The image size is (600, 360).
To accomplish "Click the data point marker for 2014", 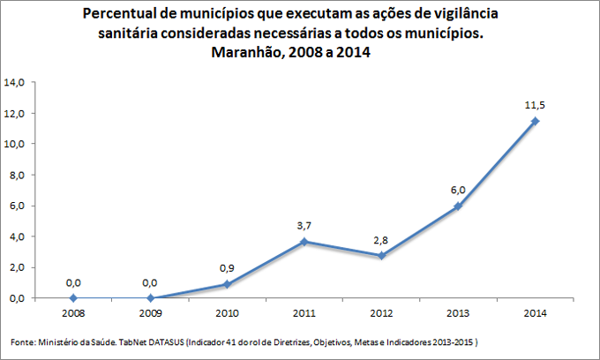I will (536, 121).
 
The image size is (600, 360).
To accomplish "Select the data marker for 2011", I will (304, 241).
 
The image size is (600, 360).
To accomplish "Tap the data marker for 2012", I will (381, 255).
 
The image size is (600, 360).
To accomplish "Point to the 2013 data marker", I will (458, 206).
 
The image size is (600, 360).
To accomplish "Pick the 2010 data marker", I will (227, 284).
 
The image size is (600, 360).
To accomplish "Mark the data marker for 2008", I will (73, 298).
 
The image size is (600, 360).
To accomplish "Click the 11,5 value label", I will (536, 105).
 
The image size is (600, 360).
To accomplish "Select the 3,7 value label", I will (304, 226).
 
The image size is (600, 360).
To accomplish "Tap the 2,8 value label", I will (381, 239).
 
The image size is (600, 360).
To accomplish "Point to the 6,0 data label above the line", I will (458, 190).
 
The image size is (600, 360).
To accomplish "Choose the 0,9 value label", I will (227, 268).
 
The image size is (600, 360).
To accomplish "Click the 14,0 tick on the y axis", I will (15, 82).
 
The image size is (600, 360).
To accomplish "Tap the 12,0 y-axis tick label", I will (15, 113).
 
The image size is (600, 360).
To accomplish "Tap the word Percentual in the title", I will (124, 15).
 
